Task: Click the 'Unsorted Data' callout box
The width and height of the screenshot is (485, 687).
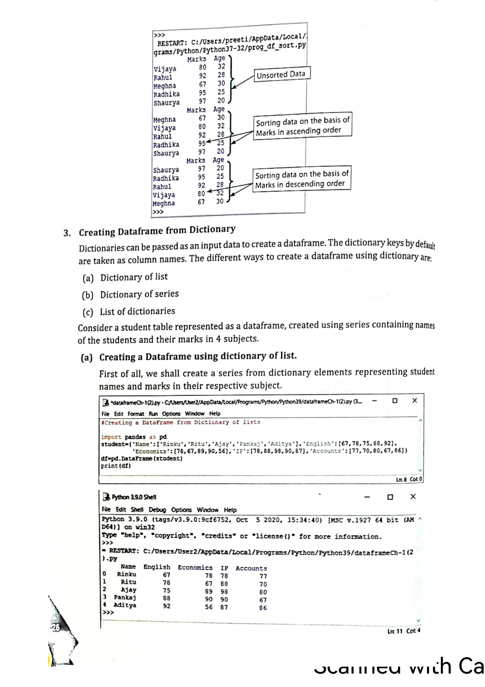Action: pyautogui.click(x=282, y=74)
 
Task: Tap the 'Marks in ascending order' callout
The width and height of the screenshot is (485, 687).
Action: pyautogui.click(x=302, y=126)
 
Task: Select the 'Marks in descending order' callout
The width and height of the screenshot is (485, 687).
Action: pyautogui.click(x=301, y=179)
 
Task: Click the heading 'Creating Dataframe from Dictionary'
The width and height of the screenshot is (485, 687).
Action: pyautogui.click(x=157, y=231)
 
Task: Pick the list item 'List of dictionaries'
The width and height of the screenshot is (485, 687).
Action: pyautogui.click(x=137, y=311)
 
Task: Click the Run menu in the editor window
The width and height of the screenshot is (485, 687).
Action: pyautogui.click(x=153, y=413)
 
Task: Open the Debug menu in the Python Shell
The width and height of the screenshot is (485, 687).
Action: pyautogui.click(x=157, y=510)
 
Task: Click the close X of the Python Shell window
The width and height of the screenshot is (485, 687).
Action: pyautogui.click(x=413, y=497)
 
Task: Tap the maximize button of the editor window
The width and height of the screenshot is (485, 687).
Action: pyautogui.click(x=395, y=401)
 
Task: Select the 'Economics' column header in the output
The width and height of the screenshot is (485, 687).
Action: pyautogui.click(x=195, y=568)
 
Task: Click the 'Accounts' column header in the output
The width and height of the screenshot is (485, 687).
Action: pyautogui.click(x=251, y=568)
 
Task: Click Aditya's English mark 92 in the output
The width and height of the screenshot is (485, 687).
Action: pyautogui.click(x=166, y=606)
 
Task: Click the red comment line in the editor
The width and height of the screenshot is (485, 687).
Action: pyautogui.click(x=181, y=422)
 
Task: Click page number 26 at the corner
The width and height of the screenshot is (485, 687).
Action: pyautogui.click(x=56, y=627)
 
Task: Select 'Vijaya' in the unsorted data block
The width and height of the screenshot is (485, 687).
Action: pyautogui.click(x=165, y=69)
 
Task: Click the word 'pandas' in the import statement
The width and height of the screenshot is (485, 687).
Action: pyautogui.click(x=135, y=437)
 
